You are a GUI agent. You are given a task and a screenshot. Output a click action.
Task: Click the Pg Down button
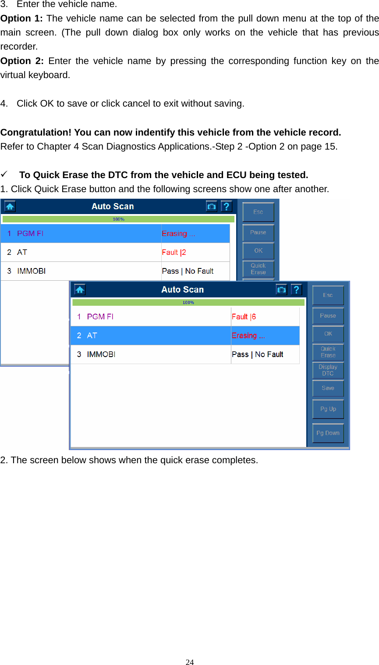[328, 433]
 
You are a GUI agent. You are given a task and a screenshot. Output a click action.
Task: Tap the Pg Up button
[328, 409]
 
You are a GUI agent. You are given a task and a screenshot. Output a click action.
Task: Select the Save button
[328, 388]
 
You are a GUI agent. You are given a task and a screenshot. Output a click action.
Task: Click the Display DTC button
[328, 370]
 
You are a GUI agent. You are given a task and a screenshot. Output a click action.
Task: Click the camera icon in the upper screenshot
[212, 206]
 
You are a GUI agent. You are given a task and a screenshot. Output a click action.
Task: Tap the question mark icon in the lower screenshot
[297, 290]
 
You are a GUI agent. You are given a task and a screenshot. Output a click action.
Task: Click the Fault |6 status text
[244, 317]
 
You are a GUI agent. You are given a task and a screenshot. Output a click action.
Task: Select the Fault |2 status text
[174, 252]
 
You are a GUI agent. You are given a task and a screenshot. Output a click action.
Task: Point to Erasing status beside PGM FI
[178, 233]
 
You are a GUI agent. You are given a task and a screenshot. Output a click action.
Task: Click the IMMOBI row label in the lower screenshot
[101, 354]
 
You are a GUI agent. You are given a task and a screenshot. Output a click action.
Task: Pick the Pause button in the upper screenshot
[258, 232]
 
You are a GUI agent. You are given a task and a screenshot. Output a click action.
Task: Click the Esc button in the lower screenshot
[328, 295]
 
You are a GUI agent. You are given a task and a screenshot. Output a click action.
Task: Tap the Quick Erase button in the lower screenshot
[328, 352]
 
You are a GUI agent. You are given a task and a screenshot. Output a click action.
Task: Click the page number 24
[190, 662]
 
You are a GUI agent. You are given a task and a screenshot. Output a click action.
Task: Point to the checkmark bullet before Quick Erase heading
[4, 175]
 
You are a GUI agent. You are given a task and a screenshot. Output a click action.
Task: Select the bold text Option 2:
[22, 61]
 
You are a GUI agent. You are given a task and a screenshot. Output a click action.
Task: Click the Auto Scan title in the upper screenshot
[113, 206]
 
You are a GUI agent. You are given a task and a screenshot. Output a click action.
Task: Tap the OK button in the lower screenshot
[328, 334]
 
